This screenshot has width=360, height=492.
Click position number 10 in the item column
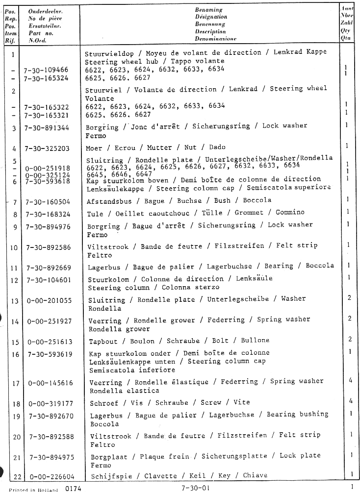pyautogui.click(x=14, y=247)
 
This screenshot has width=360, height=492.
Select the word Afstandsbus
pyautogui.click(x=107, y=200)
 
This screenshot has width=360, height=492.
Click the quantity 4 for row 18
pyautogui.click(x=350, y=401)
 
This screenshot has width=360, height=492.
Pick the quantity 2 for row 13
pyautogui.click(x=350, y=297)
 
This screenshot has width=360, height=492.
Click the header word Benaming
pyautogui.click(x=209, y=9)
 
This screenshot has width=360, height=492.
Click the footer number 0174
pyautogui.click(x=73, y=488)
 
